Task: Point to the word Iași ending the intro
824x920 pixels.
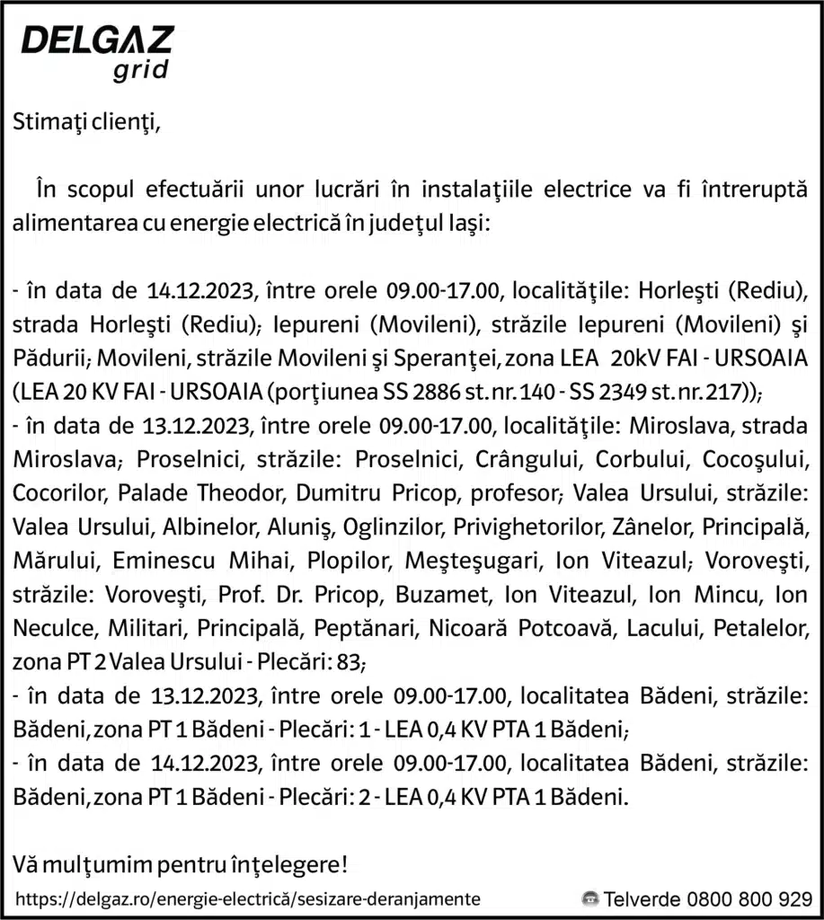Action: (467, 223)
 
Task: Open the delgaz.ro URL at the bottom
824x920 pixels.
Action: (248, 898)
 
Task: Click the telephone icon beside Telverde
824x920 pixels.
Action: (589, 898)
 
